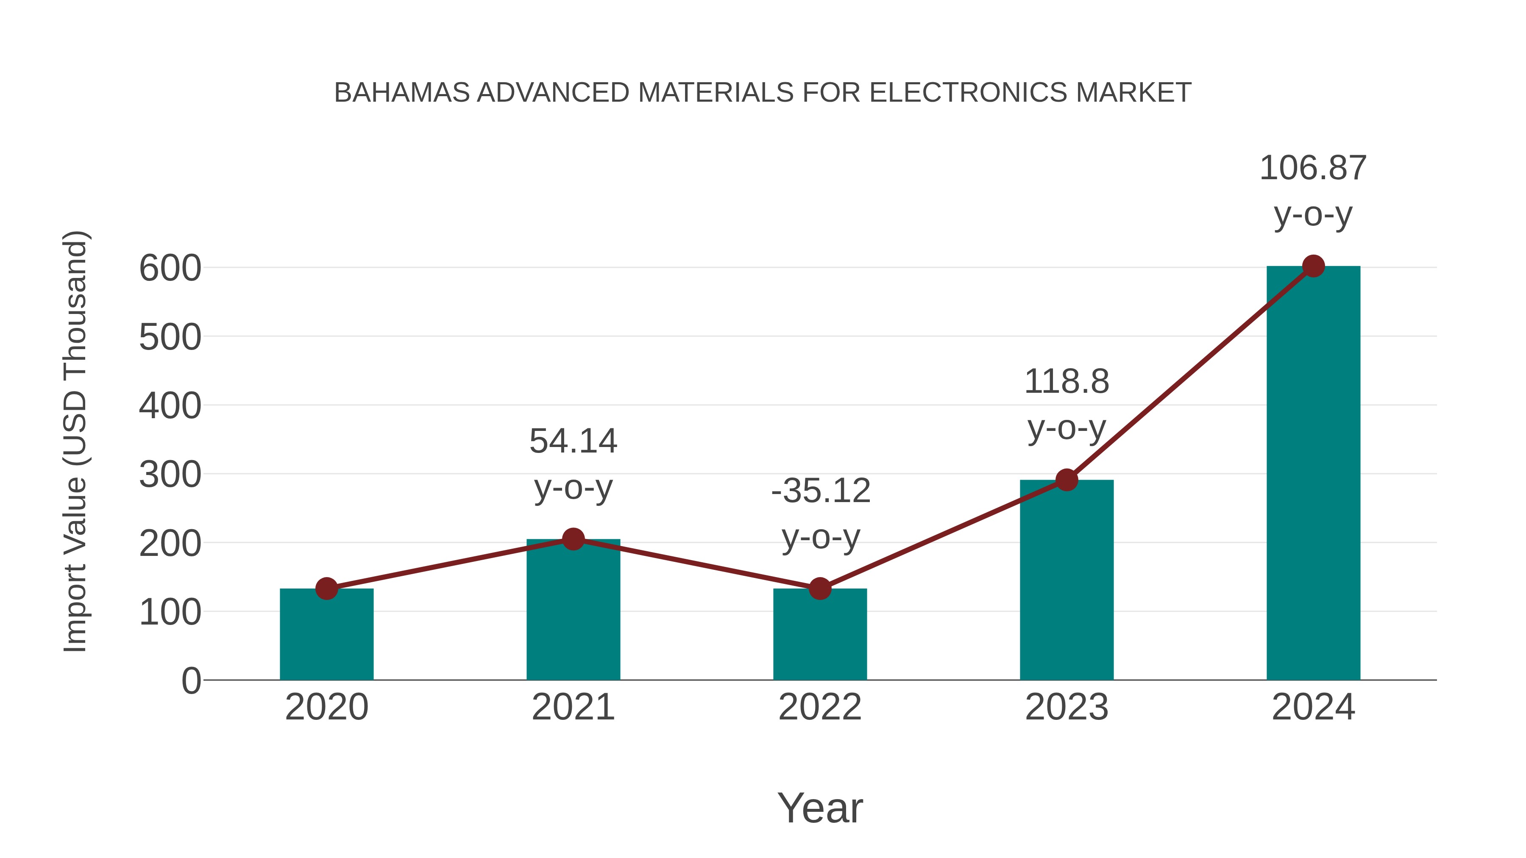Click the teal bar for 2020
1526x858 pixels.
click(326, 635)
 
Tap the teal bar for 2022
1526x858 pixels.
click(820, 635)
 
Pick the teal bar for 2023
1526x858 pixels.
click(1067, 580)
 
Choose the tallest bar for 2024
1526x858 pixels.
click(1313, 474)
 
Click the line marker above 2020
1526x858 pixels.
click(326, 589)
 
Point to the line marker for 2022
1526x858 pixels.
click(820, 589)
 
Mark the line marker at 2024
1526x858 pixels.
click(1313, 267)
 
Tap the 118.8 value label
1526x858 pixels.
click(1067, 382)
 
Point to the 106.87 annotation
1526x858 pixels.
click(1313, 168)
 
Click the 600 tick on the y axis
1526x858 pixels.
click(170, 269)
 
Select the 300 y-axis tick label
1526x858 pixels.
click(170, 475)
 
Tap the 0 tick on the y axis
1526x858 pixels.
click(191, 681)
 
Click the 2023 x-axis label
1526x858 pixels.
click(1067, 708)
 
